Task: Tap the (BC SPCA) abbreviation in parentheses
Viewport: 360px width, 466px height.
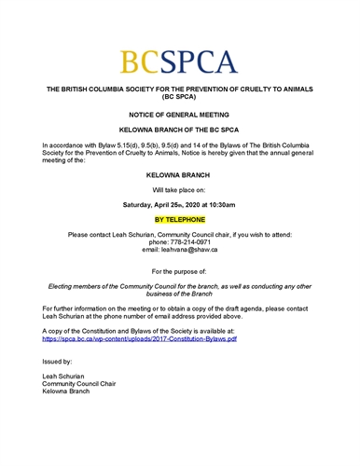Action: pyautogui.click(x=180, y=96)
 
